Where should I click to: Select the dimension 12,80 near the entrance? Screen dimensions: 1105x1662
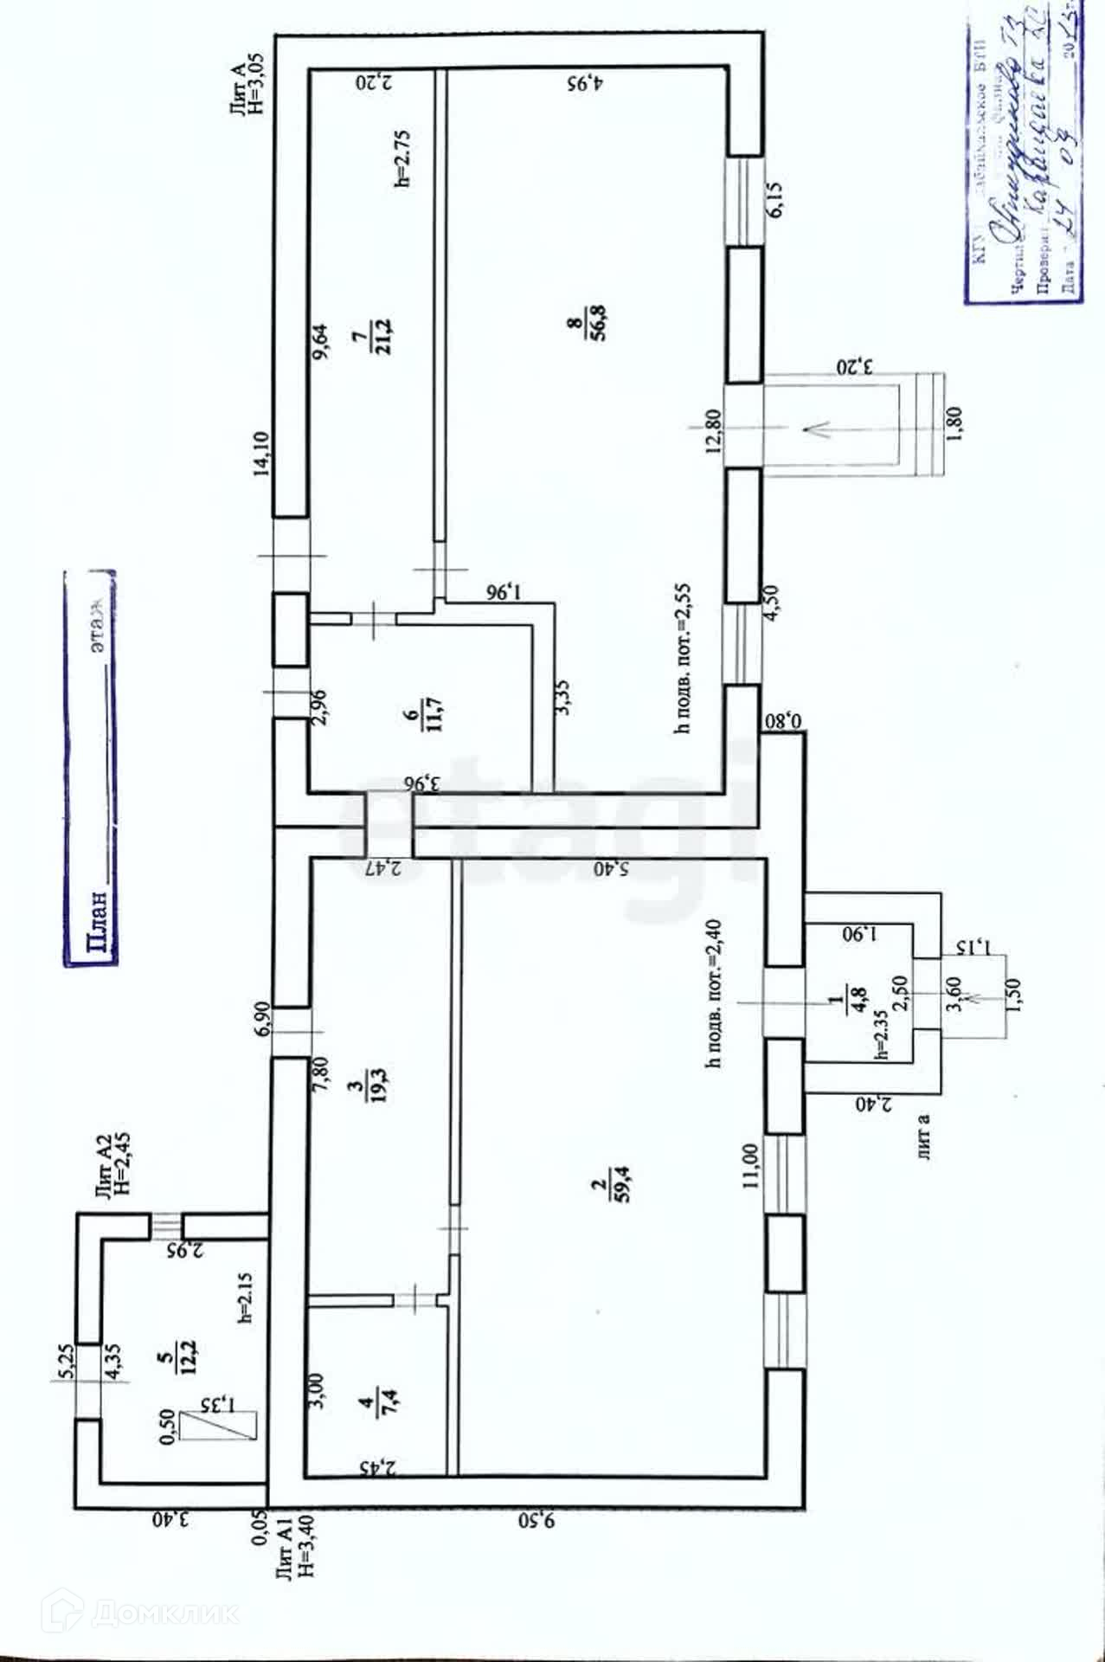point(713,431)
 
